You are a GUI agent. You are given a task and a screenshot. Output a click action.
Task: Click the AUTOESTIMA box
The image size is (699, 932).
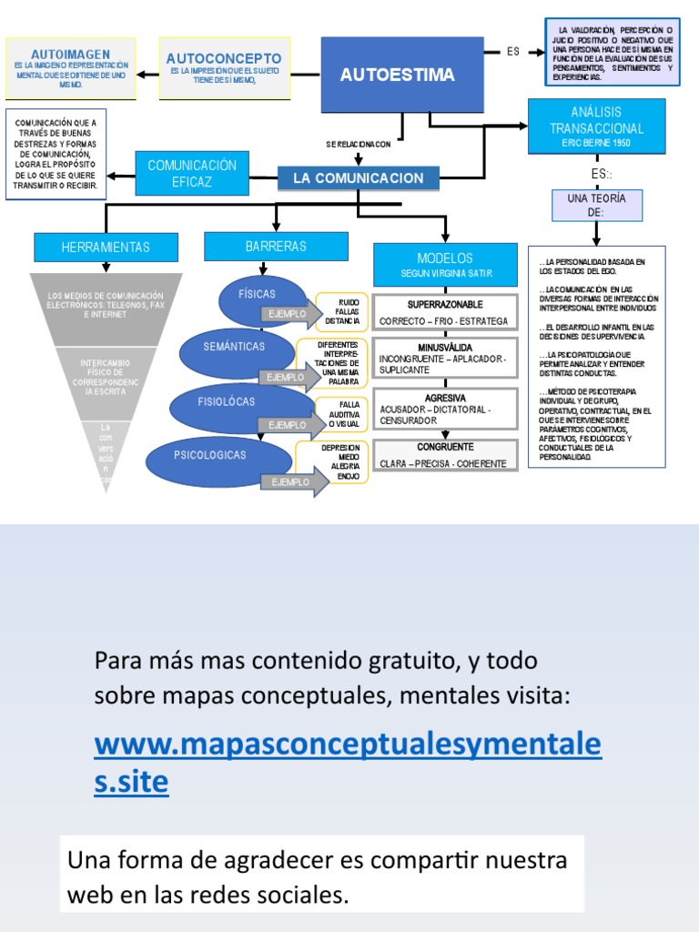click(x=397, y=75)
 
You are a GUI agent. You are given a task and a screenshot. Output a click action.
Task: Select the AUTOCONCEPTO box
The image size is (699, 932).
click(x=224, y=68)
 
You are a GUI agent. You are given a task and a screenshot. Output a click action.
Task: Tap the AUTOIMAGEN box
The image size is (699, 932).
click(x=71, y=67)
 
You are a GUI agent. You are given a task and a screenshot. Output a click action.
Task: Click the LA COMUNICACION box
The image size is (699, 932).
click(x=358, y=178)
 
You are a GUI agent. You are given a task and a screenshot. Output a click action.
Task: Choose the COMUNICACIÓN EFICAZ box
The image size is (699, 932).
click(x=192, y=173)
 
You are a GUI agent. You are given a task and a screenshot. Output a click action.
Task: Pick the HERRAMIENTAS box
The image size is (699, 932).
click(x=106, y=247)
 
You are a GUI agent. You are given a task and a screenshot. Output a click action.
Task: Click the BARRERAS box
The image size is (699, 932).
click(x=276, y=247)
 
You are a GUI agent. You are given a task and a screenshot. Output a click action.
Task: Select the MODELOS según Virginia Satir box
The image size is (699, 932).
click(x=444, y=264)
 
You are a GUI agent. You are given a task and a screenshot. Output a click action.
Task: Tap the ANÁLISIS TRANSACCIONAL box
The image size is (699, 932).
click(x=596, y=127)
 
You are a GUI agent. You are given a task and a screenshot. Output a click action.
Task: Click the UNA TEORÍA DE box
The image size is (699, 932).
click(x=596, y=205)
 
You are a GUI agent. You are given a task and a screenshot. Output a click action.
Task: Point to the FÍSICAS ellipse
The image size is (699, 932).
click(x=258, y=295)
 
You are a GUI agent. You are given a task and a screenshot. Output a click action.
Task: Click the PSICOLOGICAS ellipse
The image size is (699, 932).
click(x=209, y=455)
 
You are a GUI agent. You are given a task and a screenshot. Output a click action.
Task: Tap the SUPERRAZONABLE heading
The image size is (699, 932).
click(x=445, y=304)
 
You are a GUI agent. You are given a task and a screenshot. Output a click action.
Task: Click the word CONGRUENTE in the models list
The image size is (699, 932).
click(x=445, y=447)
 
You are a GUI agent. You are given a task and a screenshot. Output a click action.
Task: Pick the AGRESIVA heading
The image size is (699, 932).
click(x=445, y=398)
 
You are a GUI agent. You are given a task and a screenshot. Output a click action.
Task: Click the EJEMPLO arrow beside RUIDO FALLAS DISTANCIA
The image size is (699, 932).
click(x=290, y=314)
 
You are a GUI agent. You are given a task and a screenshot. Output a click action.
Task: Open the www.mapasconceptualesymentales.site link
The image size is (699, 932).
click(x=348, y=762)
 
